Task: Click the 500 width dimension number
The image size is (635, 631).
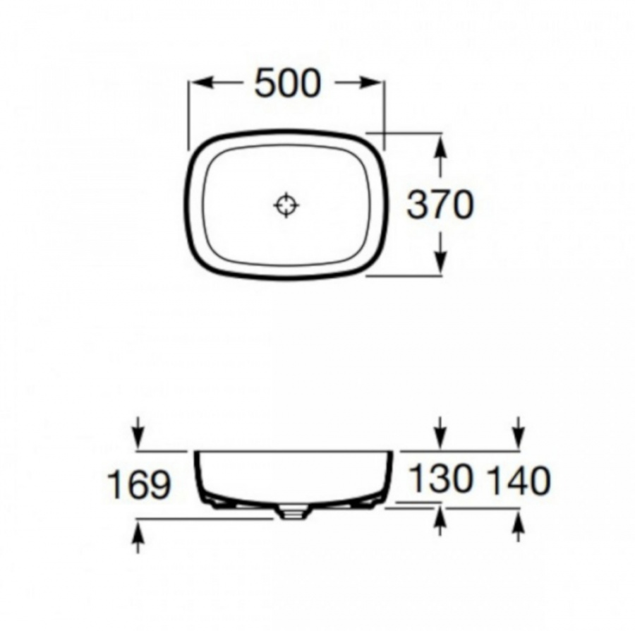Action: click(288, 83)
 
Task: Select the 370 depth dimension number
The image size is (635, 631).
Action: click(440, 205)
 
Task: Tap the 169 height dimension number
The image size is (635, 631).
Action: click(139, 485)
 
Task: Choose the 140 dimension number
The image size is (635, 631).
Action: click(519, 481)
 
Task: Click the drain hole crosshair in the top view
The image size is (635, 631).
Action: click(286, 205)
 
